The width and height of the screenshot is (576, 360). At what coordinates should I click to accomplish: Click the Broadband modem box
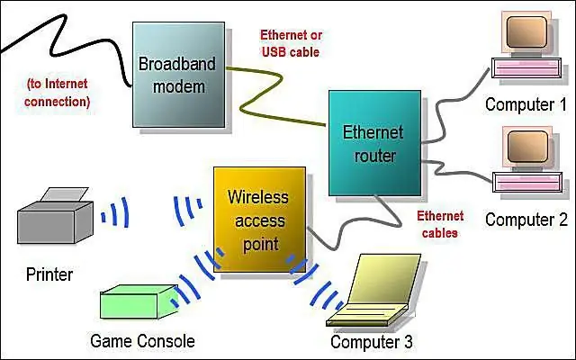click(178, 75)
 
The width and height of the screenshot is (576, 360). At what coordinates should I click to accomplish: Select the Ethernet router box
click(374, 143)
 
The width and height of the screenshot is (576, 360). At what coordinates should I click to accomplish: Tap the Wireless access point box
click(259, 220)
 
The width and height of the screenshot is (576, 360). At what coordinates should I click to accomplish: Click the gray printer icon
click(55, 216)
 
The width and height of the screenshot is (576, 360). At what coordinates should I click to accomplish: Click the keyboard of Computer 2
click(526, 183)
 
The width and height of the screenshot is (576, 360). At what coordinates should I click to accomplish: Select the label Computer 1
click(526, 104)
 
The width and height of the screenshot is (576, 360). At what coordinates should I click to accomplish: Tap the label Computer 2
click(526, 220)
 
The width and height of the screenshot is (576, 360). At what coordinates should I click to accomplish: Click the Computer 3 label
click(372, 342)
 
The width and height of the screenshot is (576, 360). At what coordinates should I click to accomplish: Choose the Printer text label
click(49, 274)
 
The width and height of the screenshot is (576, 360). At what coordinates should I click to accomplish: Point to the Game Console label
click(142, 341)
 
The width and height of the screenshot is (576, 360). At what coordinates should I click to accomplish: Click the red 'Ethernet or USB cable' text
click(291, 43)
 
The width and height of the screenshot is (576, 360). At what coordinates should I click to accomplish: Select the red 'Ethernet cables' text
click(440, 224)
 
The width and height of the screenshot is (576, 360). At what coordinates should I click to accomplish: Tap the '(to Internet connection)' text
click(57, 93)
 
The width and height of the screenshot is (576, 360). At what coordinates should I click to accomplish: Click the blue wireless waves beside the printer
click(115, 212)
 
